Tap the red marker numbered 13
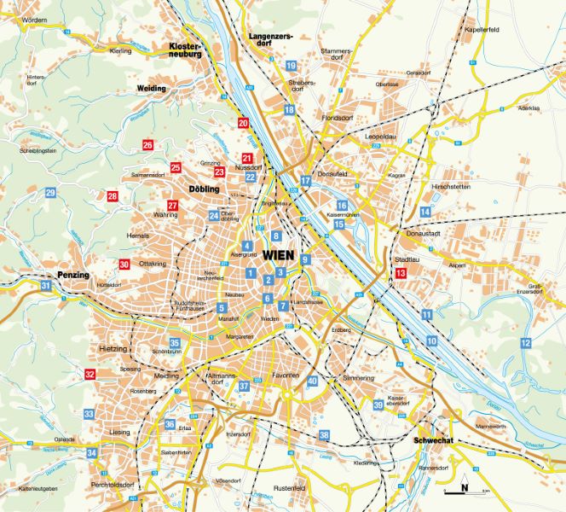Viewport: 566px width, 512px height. point(401,273)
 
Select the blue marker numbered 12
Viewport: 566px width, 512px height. point(525,343)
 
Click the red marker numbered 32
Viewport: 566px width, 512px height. point(90,374)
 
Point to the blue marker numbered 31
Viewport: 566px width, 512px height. point(45,287)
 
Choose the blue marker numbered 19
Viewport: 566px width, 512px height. point(291,66)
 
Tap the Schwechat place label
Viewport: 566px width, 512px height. point(433,441)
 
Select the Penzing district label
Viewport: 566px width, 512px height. point(74,276)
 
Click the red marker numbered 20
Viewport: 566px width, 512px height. point(243,124)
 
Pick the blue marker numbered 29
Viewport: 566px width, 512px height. point(50,194)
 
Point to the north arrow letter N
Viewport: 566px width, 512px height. point(465,489)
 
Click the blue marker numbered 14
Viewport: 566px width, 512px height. point(425,212)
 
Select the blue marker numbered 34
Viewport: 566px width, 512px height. point(91,452)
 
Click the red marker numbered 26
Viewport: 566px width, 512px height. point(147,146)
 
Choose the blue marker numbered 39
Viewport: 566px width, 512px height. point(378,405)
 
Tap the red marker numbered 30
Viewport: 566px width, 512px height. point(124,265)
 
